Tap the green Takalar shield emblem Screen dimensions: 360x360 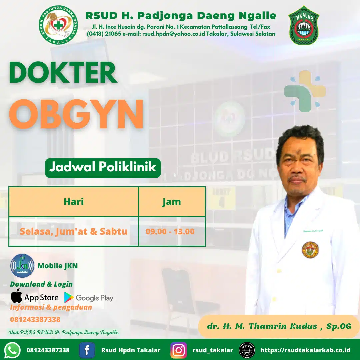(x=304, y=26)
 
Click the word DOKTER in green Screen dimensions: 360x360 (x=63, y=73)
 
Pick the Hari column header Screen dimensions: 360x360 (x=74, y=202)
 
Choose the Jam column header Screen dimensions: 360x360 (x=172, y=202)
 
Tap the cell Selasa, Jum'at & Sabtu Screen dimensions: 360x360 (x=74, y=231)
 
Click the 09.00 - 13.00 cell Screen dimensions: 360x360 (x=170, y=231)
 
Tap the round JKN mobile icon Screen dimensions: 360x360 (x=22, y=266)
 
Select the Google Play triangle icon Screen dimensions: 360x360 (x=69, y=297)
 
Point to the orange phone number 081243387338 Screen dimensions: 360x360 (x=35, y=320)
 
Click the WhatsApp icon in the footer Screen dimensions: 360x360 (x=13, y=350)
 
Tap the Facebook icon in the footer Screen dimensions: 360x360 (x=87, y=350)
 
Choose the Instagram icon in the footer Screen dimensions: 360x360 (x=179, y=350)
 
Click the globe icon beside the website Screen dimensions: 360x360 (x=247, y=350)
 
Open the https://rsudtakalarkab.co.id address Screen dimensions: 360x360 (x=305, y=350)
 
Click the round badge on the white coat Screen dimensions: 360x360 (x=310, y=250)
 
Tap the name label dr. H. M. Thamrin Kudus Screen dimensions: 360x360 (x=279, y=326)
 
